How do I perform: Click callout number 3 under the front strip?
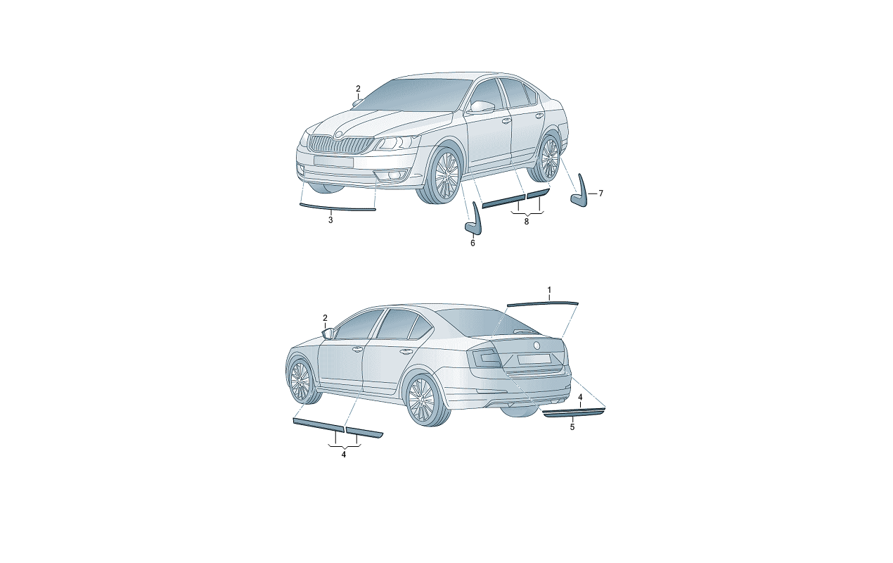pyautogui.click(x=330, y=220)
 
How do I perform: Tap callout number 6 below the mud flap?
pyautogui.click(x=473, y=243)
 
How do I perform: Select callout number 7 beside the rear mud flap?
pyautogui.click(x=600, y=194)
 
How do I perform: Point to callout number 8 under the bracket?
pyautogui.click(x=526, y=222)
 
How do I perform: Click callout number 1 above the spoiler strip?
pyautogui.click(x=549, y=290)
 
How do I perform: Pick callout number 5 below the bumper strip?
pyautogui.click(x=572, y=427)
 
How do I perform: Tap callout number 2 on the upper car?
pyautogui.click(x=358, y=89)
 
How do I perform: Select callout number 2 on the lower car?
pyautogui.click(x=325, y=318)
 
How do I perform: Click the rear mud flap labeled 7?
pyautogui.click(x=580, y=191)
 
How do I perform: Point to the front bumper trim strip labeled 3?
pyautogui.click(x=337, y=208)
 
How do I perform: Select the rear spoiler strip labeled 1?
pyautogui.click(x=543, y=304)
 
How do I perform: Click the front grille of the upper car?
pyautogui.click(x=342, y=144)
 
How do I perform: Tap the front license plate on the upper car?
pyautogui.click(x=334, y=160)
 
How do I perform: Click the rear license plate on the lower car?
pyautogui.click(x=534, y=359)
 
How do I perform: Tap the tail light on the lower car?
pyautogui.click(x=484, y=358)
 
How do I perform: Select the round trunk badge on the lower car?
pyautogui.click(x=537, y=346)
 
